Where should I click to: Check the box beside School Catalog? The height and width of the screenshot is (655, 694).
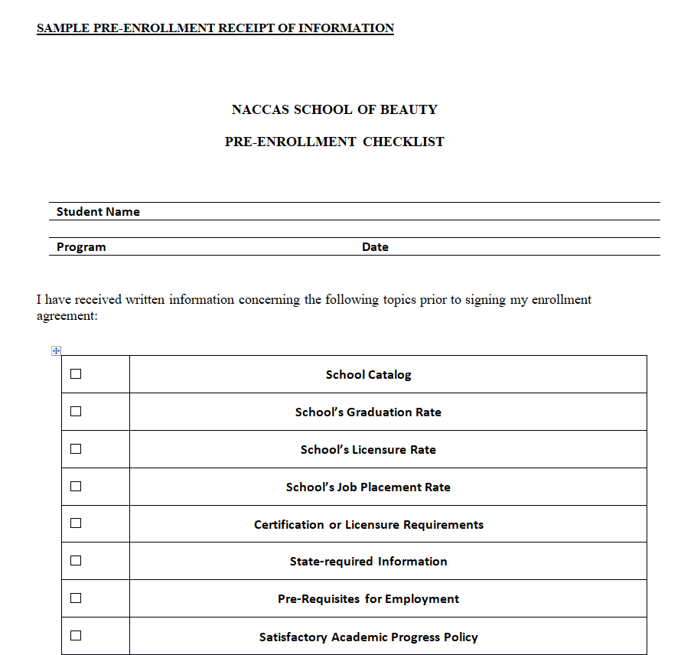pyautogui.click(x=76, y=374)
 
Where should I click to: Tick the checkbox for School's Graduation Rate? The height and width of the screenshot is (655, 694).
pyautogui.click(x=76, y=412)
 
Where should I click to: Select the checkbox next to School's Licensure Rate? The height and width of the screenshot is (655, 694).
pyautogui.click(x=76, y=449)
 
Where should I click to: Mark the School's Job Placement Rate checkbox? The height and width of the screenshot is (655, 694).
pyautogui.click(x=76, y=486)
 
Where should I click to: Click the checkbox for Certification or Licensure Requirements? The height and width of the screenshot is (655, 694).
pyautogui.click(x=76, y=523)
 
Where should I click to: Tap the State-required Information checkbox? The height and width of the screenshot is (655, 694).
pyautogui.click(x=76, y=561)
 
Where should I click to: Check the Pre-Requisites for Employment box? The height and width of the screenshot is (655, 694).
pyautogui.click(x=76, y=598)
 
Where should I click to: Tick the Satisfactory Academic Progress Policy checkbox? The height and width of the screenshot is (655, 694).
pyautogui.click(x=76, y=635)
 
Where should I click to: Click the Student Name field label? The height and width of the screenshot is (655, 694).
pyautogui.click(x=98, y=212)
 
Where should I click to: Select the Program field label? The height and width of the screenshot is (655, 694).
pyautogui.click(x=81, y=247)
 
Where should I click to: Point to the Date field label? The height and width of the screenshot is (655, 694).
pyautogui.click(x=375, y=247)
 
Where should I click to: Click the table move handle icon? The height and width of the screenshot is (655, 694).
pyautogui.click(x=55, y=351)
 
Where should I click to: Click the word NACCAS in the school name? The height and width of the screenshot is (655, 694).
pyautogui.click(x=260, y=109)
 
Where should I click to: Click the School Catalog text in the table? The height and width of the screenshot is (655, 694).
pyautogui.click(x=368, y=375)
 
